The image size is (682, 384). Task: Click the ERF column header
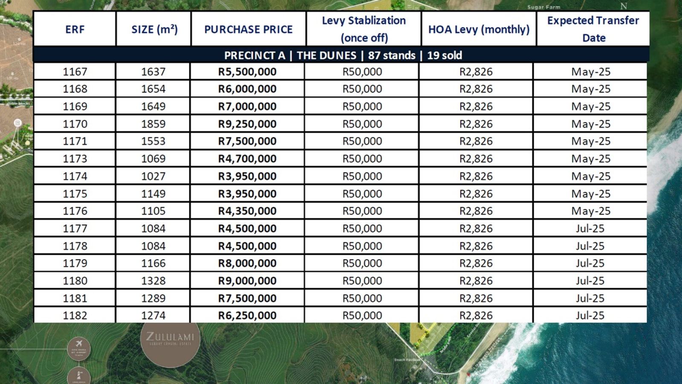click(75, 29)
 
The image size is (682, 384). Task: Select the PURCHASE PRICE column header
click(248, 29)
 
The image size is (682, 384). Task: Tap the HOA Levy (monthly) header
click(479, 29)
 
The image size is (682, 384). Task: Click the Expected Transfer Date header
click(593, 29)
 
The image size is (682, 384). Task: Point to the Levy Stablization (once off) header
click(364, 29)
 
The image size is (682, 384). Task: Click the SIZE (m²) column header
click(154, 29)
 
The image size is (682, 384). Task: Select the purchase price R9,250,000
click(247, 124)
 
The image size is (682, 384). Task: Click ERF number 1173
click(75, 159)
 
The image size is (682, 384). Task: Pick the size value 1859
click(153, 124)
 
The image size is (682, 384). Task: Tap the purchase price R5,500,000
click(247, 72)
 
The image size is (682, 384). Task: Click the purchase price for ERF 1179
click(247, 263)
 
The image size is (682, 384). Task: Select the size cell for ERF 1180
click(153, 281)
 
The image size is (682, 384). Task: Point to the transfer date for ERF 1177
click(590, 229)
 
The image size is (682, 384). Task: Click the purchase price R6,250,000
click(247, 315)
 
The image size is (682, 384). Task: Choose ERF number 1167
click(75, 72)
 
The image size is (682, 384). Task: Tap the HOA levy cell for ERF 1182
click(476, 315)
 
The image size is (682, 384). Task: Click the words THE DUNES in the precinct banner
click(326, 55)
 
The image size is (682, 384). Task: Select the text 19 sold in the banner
click(444, 55)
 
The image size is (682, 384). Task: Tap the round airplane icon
click(79, 348)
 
